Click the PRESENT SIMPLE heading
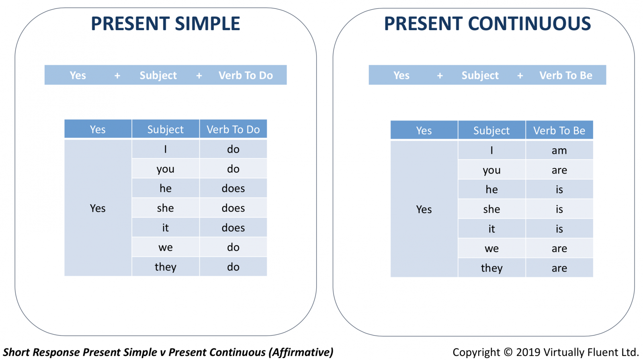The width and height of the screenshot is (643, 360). coord(165,24)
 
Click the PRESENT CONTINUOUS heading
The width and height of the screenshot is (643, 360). coord(487,24)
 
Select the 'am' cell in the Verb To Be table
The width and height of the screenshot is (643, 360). coord(559,150)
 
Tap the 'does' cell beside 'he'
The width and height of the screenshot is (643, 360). coord(233,188)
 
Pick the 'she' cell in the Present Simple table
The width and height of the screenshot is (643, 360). coord(165,208)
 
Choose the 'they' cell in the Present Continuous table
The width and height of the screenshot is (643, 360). coord(492,268)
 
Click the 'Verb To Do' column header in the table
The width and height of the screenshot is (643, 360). coord(233,129)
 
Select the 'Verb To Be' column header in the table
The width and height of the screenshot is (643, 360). coord(559,130)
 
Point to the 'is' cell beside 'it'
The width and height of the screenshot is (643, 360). coord(559,229)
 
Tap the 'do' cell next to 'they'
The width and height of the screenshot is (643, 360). coord(233,267)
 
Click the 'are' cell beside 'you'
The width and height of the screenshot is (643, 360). coord(559,170)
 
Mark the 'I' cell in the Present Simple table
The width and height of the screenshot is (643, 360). coord(165,149)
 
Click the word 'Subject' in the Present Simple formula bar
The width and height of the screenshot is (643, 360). coord(158,75)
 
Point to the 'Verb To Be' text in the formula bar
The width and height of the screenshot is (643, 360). coord(566,75)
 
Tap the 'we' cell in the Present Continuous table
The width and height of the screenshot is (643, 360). coord(492,248)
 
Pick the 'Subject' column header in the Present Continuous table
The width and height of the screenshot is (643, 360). coord(492,130)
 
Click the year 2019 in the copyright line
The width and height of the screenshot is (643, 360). coord(528,352)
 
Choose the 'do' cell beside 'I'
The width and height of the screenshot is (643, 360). coord(233,149)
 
